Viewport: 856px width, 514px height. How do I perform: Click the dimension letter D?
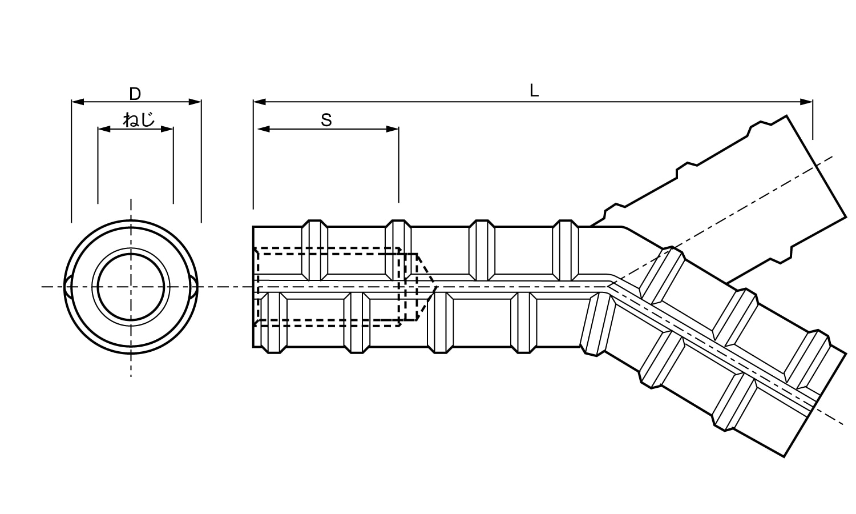pos(135,93)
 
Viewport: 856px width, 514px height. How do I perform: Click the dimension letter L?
pos(534,91)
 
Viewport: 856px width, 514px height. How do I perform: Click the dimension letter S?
pos(326,120)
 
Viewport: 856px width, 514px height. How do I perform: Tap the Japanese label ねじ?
pos(139,120)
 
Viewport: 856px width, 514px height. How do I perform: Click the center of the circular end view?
pos(132,287)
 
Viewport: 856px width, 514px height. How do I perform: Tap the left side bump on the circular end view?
pos(68,287)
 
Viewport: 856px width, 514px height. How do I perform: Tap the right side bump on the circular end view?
pos(195,287)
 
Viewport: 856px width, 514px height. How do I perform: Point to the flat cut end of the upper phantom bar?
pos(816,166)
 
